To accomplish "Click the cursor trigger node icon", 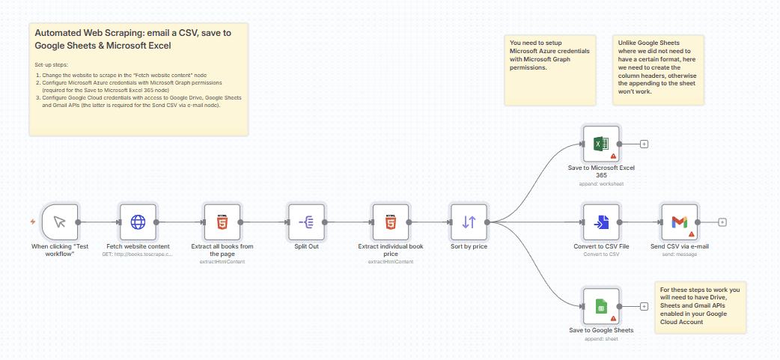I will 60,222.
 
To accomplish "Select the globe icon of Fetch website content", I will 138,222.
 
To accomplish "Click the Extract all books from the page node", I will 222,222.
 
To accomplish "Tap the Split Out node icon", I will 307,222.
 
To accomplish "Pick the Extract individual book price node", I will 391,222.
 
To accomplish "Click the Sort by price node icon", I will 469,222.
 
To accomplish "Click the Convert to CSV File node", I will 601,222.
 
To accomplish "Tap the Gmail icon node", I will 679,222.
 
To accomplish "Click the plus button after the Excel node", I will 644,144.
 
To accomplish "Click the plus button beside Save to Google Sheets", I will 644,306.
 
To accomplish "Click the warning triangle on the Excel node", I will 613,156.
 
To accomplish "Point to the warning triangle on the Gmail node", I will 691,234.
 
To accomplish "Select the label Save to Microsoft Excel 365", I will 601,171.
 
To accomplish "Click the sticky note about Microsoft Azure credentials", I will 549,69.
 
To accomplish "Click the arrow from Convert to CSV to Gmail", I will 642,222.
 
